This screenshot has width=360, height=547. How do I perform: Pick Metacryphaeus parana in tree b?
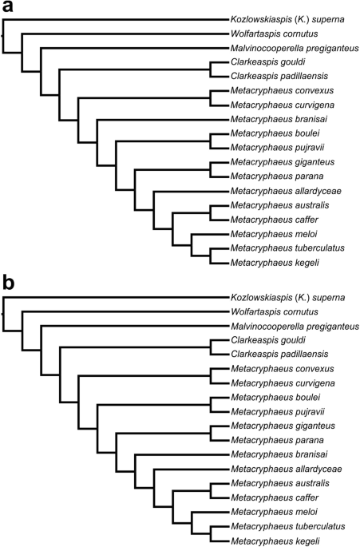(267, 438)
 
